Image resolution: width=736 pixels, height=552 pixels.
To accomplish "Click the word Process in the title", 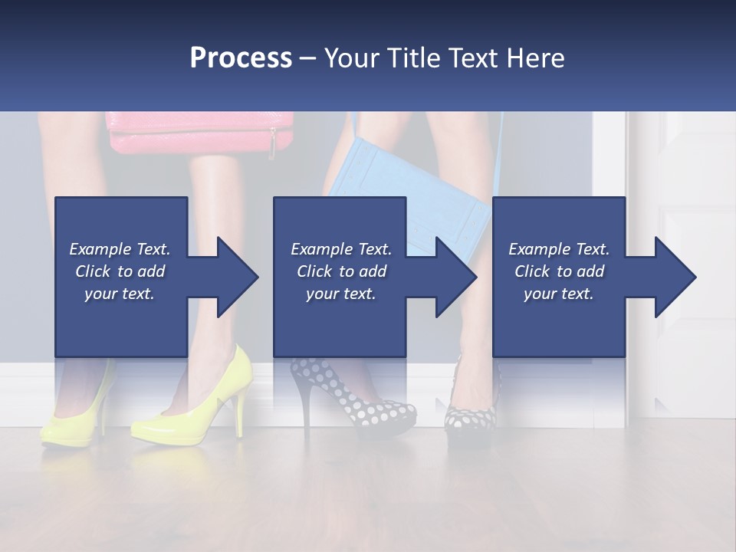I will click(241, 58).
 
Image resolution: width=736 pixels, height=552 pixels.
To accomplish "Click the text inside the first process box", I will click(120, 271).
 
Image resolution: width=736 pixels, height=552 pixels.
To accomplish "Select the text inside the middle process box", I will click(340, 271).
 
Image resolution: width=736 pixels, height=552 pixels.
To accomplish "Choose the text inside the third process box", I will click(559, 271).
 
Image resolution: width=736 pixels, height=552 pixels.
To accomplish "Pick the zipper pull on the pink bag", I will click(272, 144).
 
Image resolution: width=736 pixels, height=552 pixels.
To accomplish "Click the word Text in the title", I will click(468, 58).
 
